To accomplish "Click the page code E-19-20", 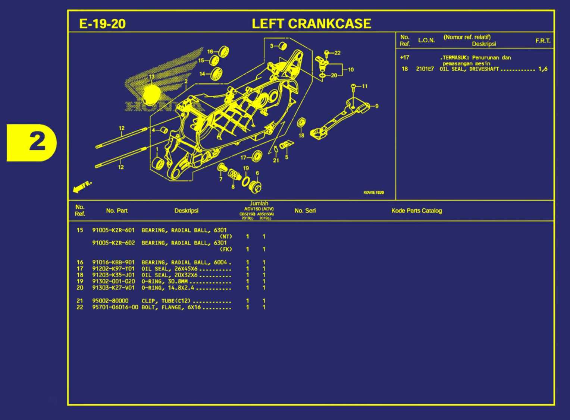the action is point(102,24).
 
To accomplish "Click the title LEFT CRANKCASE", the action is point(311,23).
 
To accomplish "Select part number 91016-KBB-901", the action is point(113,262).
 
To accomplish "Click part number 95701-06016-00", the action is point(115,307).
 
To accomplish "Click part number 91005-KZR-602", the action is point(113,243).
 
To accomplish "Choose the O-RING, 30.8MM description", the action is point(164,281).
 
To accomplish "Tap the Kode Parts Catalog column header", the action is point(416,211).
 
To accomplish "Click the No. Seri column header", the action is point(305,211).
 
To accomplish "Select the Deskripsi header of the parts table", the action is point(186,211).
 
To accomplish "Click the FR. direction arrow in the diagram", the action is point(82,186).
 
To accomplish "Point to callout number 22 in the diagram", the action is point(338,53).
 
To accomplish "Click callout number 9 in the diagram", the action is point(377,106).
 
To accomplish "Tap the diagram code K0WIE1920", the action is point(373,193).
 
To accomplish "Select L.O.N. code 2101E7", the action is point(425,69).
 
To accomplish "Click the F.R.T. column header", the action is point(543,41).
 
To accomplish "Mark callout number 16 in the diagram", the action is point(210,52).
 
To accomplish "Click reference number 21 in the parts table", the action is point(80,301).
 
